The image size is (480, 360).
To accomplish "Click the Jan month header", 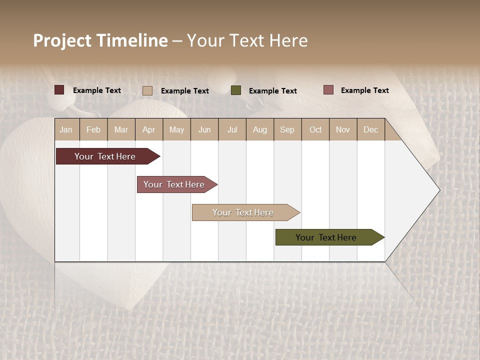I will (66, 129).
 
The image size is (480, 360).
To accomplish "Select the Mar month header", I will (121, 129).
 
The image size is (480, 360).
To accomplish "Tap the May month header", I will (176, 129).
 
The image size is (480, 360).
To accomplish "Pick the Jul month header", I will (232, 129).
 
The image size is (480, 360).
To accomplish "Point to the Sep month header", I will (287, 129).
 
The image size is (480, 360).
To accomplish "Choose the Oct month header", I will (315, 129).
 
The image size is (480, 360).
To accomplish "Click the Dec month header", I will (370, 129).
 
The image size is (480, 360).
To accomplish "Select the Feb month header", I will (93, 129).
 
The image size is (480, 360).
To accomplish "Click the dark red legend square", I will (59, 90).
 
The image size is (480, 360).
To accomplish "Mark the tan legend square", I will (147, 90).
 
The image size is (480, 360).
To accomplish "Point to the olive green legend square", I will (236, 90).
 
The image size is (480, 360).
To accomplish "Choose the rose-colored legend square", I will (328, 90).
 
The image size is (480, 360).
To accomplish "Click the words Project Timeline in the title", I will (100, 40).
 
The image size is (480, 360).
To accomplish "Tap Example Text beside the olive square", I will (272, 90).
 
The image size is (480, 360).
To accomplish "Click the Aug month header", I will (259, 129).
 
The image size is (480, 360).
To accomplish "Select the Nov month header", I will (342, 129).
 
